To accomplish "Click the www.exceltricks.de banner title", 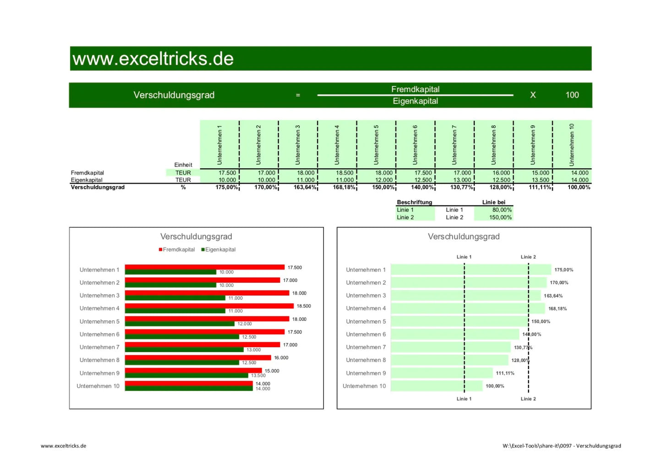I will click(153, 59).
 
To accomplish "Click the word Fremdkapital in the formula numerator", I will click(415, 89).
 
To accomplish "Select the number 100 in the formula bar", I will click(572, 95).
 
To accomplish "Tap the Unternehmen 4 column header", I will click(337, 144).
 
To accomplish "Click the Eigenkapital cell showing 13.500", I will click(540, 180).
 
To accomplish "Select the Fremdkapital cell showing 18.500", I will click(344, 173).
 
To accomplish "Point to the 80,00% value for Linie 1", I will click(502, 210).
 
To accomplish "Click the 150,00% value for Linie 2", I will click(500, 217).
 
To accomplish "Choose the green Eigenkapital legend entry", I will click(219, 250).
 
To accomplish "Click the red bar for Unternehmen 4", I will click(209, 306).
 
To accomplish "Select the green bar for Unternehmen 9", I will click(186, 375).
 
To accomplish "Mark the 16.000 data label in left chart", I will click(281, 358).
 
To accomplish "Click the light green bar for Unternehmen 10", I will click(436, 386).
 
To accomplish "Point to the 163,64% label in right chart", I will click(553, 296).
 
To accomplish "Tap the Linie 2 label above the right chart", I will click(528, 257).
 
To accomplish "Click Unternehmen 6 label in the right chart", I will click(366, 335).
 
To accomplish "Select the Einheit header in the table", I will click(183, 165).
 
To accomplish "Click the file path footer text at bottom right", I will click(561, 446).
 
